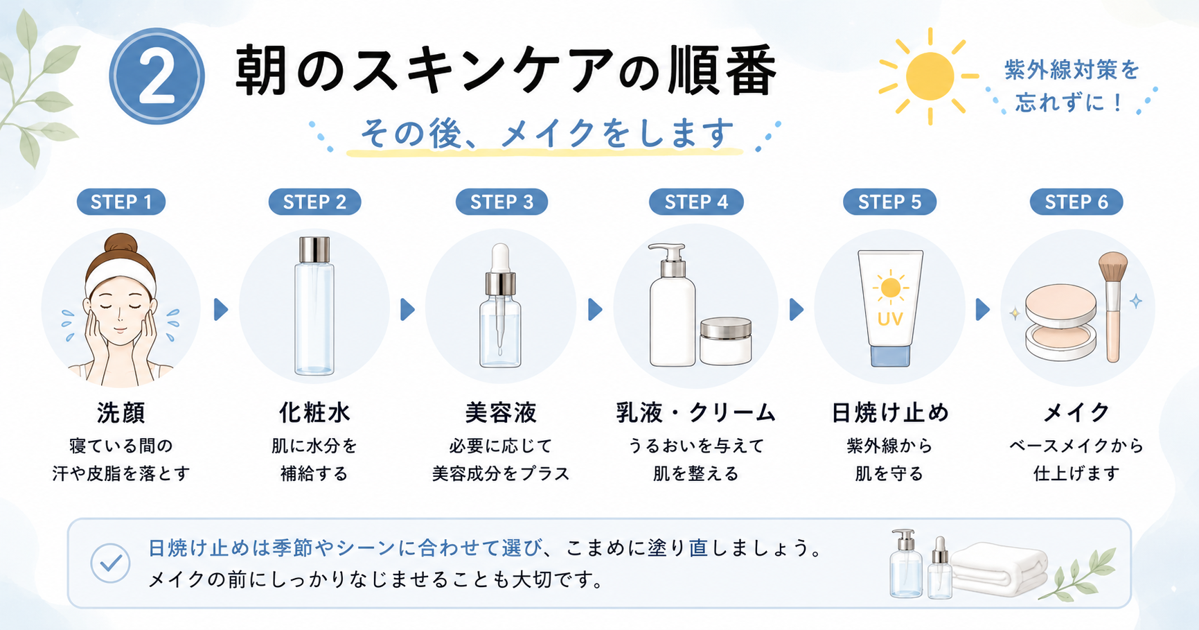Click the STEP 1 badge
121,202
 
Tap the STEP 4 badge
696,202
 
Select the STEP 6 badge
1076,202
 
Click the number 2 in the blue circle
157,77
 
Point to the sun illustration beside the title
929,76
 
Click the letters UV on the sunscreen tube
890,319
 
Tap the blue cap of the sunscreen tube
890,356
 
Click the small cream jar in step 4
725,341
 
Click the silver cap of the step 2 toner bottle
314,250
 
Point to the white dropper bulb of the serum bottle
500,257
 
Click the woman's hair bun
121,243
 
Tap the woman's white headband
121,274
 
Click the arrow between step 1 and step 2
221,309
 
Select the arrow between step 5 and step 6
982,309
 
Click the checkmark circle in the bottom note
111,562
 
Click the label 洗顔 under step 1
121,412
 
